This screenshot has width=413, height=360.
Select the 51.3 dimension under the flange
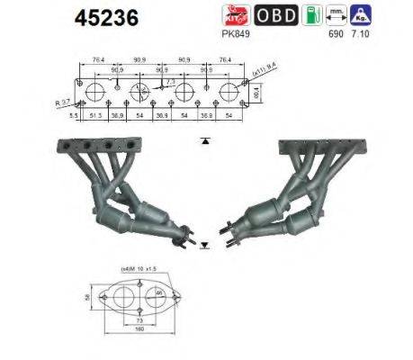(x=96, y=117)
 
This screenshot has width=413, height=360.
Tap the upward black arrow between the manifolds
(x=206, y=140)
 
